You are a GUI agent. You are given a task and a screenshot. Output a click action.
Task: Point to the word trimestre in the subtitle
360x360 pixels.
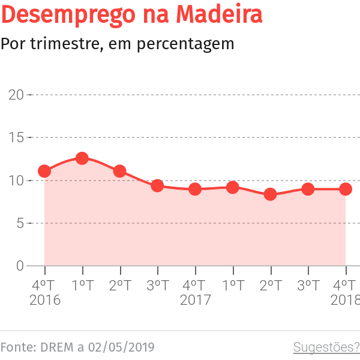56,44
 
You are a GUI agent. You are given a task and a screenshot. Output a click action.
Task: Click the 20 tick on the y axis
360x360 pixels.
16,95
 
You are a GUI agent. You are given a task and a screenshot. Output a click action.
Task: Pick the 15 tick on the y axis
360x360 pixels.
16,137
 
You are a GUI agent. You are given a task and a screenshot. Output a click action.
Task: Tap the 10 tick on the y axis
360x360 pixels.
16,181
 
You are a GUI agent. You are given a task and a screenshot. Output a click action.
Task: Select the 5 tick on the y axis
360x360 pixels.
20,223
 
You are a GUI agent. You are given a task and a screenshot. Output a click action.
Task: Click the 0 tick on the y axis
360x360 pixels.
20,266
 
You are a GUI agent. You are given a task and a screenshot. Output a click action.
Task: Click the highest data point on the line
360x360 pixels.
82,158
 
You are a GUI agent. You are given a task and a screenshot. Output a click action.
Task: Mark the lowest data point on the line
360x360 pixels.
270,194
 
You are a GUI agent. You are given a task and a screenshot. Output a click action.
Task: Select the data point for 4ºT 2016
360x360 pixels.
44,171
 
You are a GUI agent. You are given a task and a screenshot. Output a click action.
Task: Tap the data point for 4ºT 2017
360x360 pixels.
195,189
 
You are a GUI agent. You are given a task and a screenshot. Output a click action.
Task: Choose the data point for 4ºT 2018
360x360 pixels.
346,189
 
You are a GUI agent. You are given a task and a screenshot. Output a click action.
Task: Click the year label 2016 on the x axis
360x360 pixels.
45,300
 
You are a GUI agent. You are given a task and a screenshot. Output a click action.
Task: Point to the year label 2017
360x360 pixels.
196,300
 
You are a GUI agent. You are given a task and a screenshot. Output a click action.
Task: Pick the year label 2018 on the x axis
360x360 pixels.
345,300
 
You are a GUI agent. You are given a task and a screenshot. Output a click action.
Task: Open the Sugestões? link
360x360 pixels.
326,347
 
